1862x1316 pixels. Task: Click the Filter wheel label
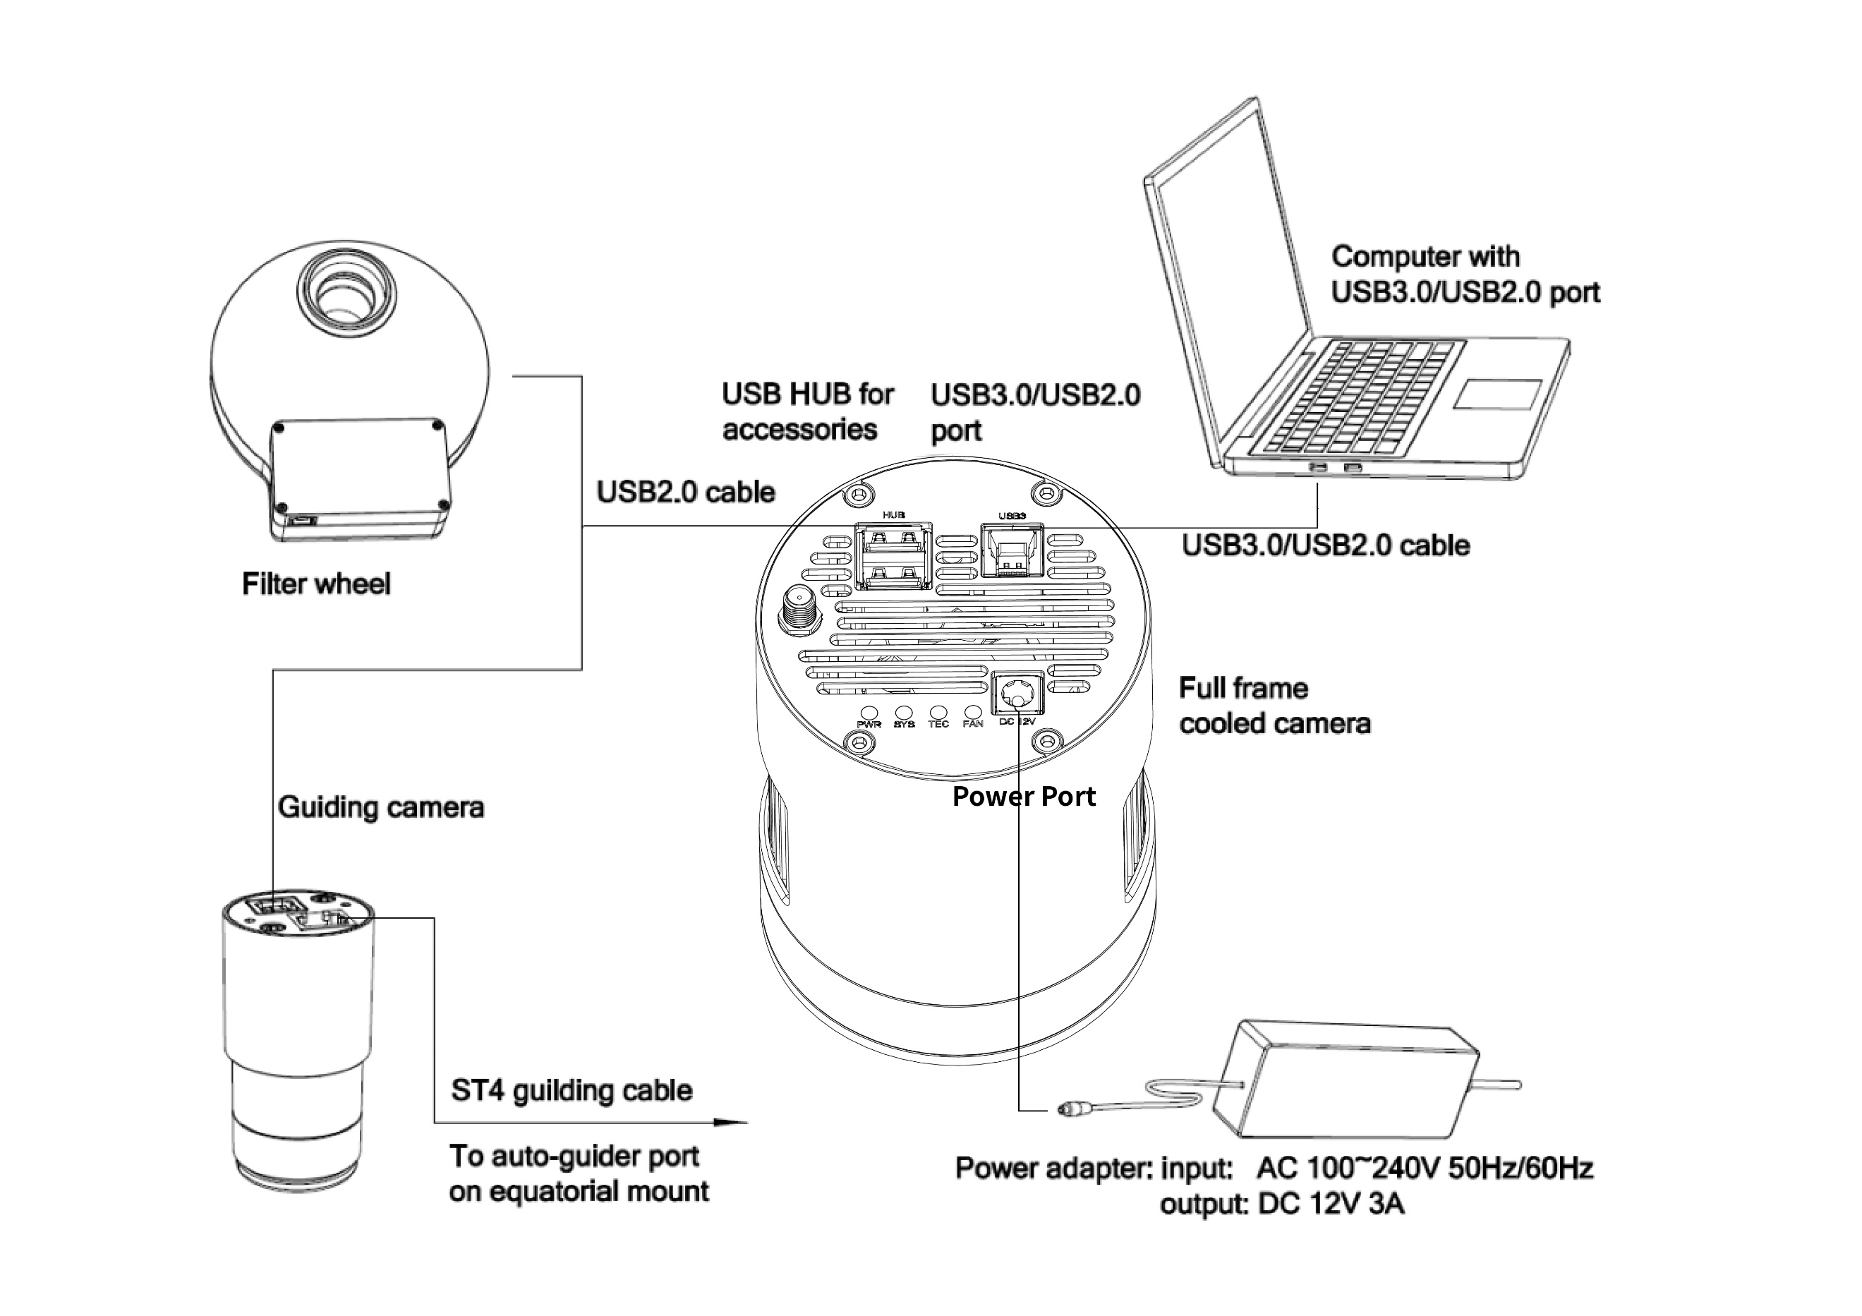[315, 584]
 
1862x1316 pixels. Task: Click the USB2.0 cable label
[685, 493]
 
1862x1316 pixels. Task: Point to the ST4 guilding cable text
[572, 1091]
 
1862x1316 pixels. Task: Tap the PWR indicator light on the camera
[869, 711]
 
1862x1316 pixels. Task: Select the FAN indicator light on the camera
[972, 711]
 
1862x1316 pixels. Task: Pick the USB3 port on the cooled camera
[1011, 550]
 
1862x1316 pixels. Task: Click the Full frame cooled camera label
[1274, 706]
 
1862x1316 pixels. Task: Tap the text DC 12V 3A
[1330, 1203]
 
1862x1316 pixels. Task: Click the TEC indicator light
[938, 711]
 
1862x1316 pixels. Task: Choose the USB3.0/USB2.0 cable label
[1325, 545]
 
